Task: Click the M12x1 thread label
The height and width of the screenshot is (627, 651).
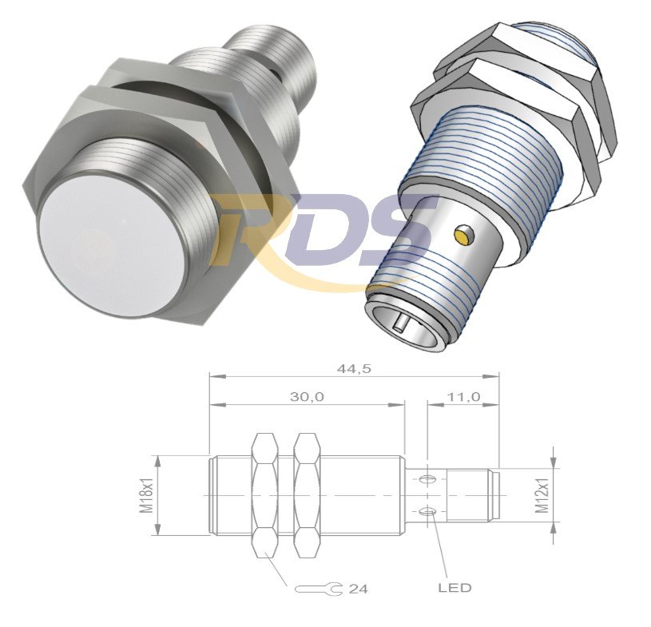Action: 545,496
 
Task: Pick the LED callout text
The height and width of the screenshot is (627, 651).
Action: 455,588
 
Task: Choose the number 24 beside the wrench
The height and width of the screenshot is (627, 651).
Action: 359,589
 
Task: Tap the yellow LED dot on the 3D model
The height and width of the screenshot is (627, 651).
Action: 461,235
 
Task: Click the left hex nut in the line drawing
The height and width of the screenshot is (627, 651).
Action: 264,495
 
